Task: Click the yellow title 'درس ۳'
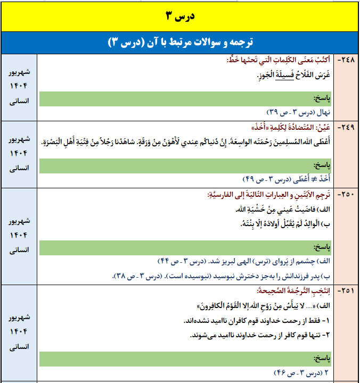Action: (x=179, y=16)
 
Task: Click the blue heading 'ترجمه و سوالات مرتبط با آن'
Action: (x=180, y=43)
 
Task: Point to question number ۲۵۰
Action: (x=348, y=195)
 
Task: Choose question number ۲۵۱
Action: (x=348, y=292)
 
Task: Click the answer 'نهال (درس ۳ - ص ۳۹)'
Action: (x=299, y=112)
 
